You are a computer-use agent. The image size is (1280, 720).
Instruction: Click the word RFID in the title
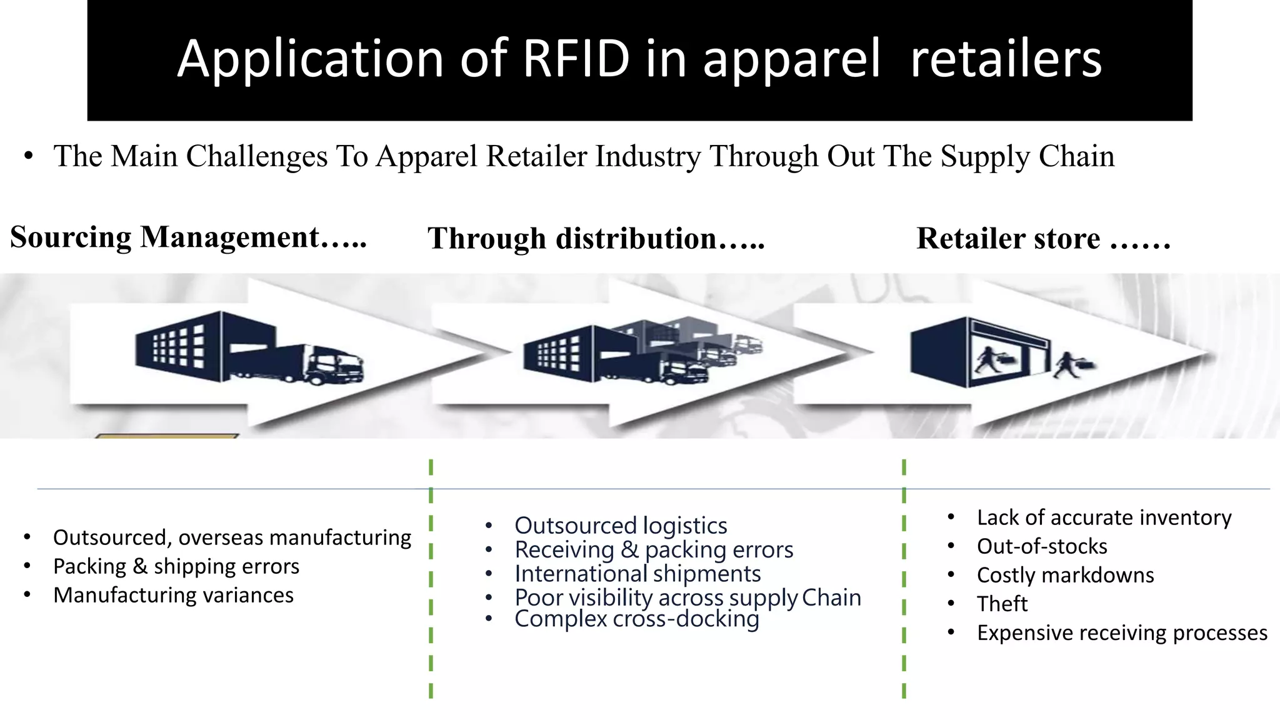coord(576,59)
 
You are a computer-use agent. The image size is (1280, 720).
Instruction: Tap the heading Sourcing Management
coord(187,237)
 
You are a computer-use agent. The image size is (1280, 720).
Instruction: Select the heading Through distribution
coord(596,239)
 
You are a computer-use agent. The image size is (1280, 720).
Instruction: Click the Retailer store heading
coord(1043,239)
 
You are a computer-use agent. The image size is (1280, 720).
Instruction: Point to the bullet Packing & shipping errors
coord(176,566)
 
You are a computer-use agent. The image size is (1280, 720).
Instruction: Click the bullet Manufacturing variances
coord(173,595)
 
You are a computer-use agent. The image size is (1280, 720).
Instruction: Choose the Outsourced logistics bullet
coord(621,526)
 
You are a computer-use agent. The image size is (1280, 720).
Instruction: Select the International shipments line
coord(637,574)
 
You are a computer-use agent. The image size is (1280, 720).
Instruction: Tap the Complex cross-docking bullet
coord(636,619)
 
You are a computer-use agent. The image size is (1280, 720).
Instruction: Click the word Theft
coord(1002,604)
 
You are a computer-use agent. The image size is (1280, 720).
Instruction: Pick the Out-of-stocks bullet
coord(1042,546)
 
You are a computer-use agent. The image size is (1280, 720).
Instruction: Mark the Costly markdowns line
coord(1065,575)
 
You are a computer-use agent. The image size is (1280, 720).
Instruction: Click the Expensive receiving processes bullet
coord(1122,632)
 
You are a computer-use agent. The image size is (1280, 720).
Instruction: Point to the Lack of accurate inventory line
coord(1104,517)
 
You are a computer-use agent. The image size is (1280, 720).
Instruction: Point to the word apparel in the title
coord(791,59)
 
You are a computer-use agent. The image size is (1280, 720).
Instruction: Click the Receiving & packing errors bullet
coord(654,550)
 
